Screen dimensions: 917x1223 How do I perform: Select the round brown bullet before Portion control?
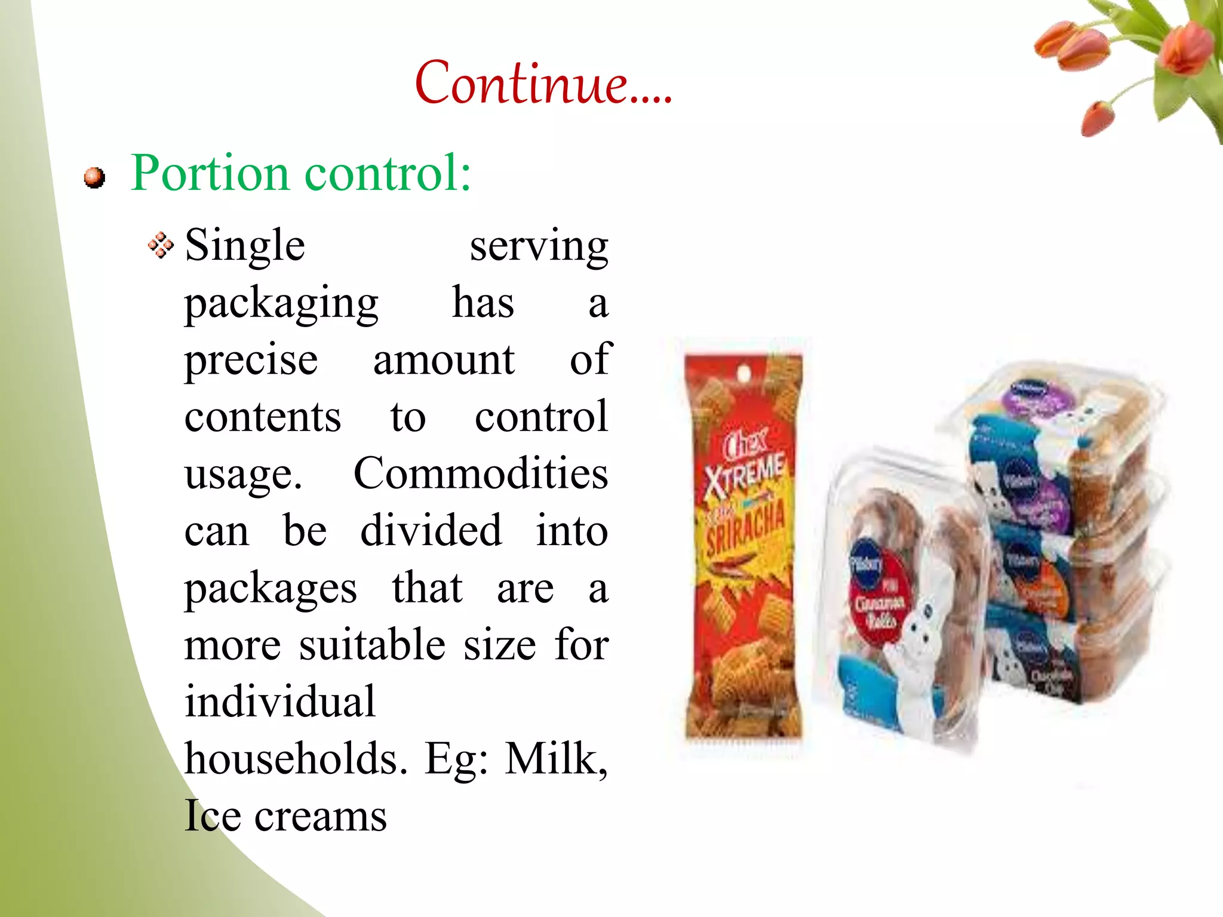94,178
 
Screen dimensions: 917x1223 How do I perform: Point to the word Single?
245,246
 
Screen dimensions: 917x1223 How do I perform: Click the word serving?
539,246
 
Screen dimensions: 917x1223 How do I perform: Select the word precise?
251,361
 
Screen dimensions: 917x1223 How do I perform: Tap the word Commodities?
481,474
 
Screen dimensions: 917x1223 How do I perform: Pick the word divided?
431,531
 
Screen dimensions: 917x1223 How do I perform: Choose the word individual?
280,702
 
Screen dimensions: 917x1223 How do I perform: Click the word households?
296,759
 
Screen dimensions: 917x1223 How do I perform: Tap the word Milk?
555,759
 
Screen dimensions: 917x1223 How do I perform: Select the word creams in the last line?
321,816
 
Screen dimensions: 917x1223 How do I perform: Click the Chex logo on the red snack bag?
744,445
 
